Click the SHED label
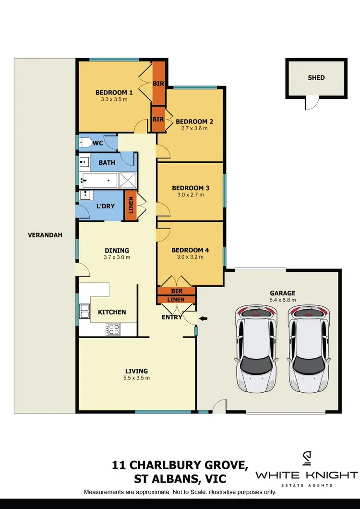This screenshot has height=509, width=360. tap(316, 77)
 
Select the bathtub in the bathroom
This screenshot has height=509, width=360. tap(99, 181)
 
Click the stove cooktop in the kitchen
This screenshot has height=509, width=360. tap(113, 329)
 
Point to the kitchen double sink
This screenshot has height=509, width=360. tap(84, 312)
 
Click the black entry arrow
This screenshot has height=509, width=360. tap(203, 318)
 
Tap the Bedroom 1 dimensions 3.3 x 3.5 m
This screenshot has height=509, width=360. tap(114, 100)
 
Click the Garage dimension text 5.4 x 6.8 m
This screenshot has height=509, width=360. tap(282, 300)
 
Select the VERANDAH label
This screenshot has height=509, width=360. tap(38, 235)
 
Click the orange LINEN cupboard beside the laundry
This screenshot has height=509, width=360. tap(130, 206)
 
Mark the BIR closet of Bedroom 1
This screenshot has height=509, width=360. tap(159, 83)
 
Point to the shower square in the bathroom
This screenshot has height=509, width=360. tap(128, 181)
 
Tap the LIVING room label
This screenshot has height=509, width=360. tap(136, 371)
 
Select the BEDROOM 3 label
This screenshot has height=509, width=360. tap(191, 188)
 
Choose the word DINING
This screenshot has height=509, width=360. tap(117, 250)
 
